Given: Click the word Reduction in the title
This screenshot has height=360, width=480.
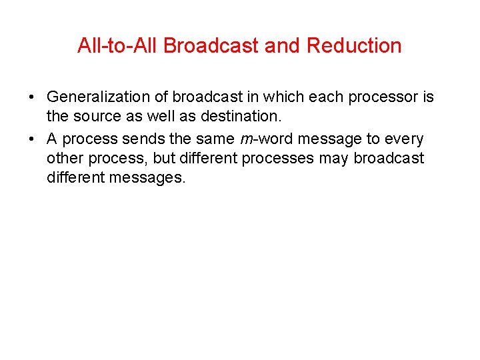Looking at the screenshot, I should click(x=354, y=46).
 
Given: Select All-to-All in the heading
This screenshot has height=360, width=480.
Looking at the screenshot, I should click(x=118, y=46).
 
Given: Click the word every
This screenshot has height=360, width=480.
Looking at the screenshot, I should click(x=403, y=139).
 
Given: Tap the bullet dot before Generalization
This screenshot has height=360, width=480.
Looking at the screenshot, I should click(x=33, y=98).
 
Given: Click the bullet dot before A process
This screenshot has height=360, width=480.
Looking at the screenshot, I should click(x=33, y=139).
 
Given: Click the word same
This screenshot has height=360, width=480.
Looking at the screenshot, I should click(x=213, y=139).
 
